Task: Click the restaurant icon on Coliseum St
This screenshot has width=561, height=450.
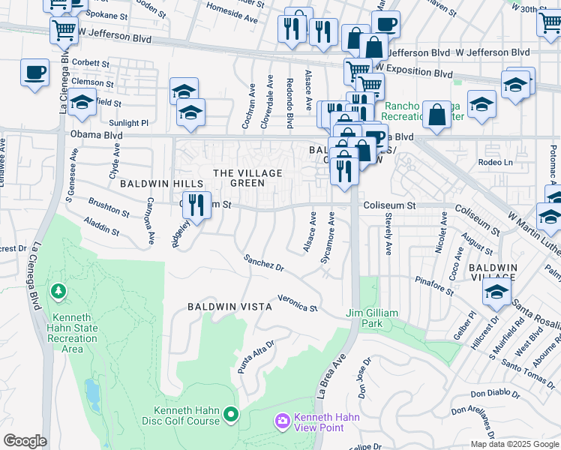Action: click(196, 204)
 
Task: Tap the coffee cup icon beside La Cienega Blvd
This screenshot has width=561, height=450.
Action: click(34, 73)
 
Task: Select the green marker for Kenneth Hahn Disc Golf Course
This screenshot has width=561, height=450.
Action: click(232, 414)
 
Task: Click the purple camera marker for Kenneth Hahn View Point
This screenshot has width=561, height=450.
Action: click(283, 422)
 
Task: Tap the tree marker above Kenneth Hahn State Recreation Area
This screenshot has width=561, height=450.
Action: click(58, 289)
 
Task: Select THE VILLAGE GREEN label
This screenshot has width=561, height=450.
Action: click(248, 178)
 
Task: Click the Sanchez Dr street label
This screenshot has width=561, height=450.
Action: click(264, 263)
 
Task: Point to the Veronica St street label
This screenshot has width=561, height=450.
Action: click(298, 303)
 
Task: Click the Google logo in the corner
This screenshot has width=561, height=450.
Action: click(25, 441)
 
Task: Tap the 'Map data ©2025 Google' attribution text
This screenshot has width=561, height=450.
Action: click(514, 444)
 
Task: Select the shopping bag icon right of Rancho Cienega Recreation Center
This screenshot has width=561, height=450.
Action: click(436, 115)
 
